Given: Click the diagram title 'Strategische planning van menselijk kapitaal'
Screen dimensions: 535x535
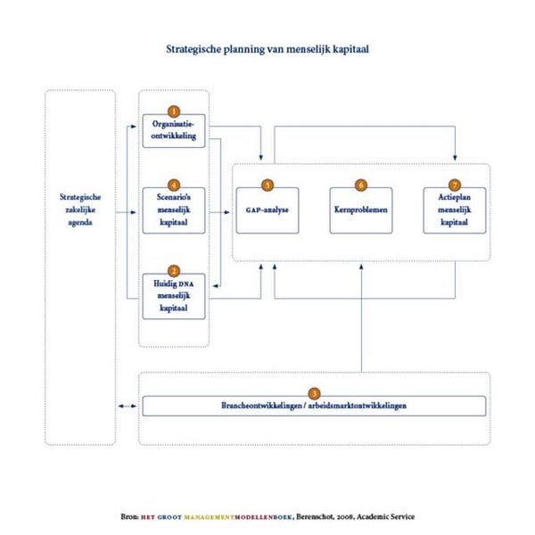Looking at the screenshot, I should pos(267,50).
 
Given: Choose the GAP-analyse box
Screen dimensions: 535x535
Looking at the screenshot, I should pos(267,210).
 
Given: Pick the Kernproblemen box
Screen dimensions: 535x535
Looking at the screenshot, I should pos(361,210).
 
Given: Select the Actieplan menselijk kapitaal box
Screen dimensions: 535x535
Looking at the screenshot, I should pos(454,211).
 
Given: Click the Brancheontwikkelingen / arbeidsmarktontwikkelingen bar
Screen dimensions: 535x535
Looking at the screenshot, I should pos(314,407).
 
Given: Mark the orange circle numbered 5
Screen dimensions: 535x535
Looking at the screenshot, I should pos(267,185).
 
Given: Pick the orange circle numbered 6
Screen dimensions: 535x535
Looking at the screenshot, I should pos(361,185).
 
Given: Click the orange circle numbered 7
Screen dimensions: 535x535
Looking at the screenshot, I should pos(454,185).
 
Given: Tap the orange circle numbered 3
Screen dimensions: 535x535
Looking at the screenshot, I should pos(314,393).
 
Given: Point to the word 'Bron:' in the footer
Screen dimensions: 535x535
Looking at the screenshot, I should pos(130,516).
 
